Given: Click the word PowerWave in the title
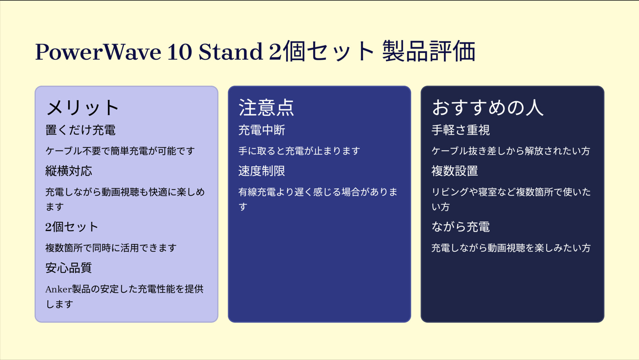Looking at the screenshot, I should tap(98, 52).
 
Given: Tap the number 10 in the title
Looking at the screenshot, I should tap(179, 52).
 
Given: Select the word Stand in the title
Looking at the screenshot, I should tap(230, 52).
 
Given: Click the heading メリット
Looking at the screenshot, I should tap(83, 108).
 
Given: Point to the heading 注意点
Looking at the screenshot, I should tap(266, 108).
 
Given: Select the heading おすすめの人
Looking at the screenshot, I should tap(488, 108).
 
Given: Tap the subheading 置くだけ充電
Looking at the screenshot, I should tap(80, 130).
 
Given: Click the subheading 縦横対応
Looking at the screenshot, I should tap(69, 171).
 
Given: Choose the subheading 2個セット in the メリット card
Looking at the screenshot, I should tap(72, 227).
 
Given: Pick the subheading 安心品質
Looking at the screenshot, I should tap(69, 268).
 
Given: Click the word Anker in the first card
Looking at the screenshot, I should tap(59, 289).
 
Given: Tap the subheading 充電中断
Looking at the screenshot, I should tap(262, 130).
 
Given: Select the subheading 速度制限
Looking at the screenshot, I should tap(262, 171).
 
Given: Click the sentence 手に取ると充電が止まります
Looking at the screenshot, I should tap(299, 151).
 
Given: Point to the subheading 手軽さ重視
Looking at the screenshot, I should tap(460, 130).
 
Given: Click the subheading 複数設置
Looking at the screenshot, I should tap(455, 171).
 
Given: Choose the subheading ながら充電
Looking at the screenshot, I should tap(460, 227).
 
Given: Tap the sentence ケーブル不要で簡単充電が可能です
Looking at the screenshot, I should tap(120, 151).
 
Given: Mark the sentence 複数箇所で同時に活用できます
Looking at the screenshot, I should tap(111, 248).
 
